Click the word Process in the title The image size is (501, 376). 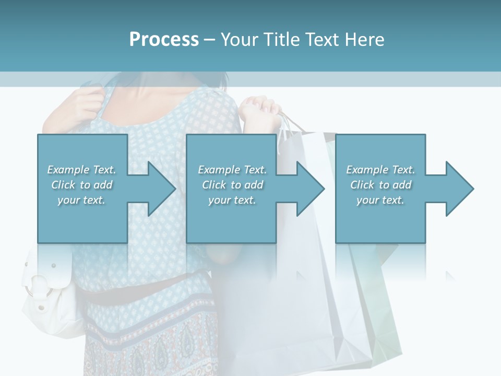tap(164, 39)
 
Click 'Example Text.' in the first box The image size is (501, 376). tap(81, 170)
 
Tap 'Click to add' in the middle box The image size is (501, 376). tap(232, 185)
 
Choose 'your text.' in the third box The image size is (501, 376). tap(380, 200)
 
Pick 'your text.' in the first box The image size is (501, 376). tap(81, 200)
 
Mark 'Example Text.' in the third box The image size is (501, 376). tap(380, 170)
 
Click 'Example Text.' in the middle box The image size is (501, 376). tap(232, 170)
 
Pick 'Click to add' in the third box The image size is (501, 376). tap(380, 185)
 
